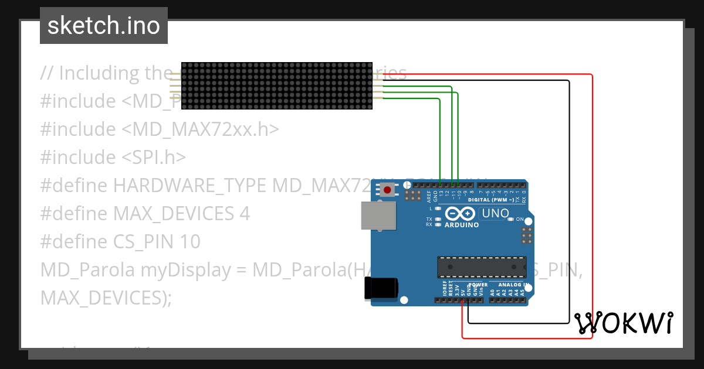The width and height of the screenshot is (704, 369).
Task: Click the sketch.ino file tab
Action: point(104,26)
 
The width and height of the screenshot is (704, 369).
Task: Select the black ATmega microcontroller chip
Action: point(481,266)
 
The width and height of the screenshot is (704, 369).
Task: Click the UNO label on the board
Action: point(495,214)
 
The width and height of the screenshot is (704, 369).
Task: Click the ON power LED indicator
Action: point(511,219)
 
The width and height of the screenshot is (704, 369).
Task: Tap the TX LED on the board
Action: point(437,219)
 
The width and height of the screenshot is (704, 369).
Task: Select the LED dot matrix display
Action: point(277,86)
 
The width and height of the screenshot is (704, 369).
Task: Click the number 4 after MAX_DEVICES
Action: point(245,214)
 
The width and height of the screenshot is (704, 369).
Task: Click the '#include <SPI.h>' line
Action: point(113,158)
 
